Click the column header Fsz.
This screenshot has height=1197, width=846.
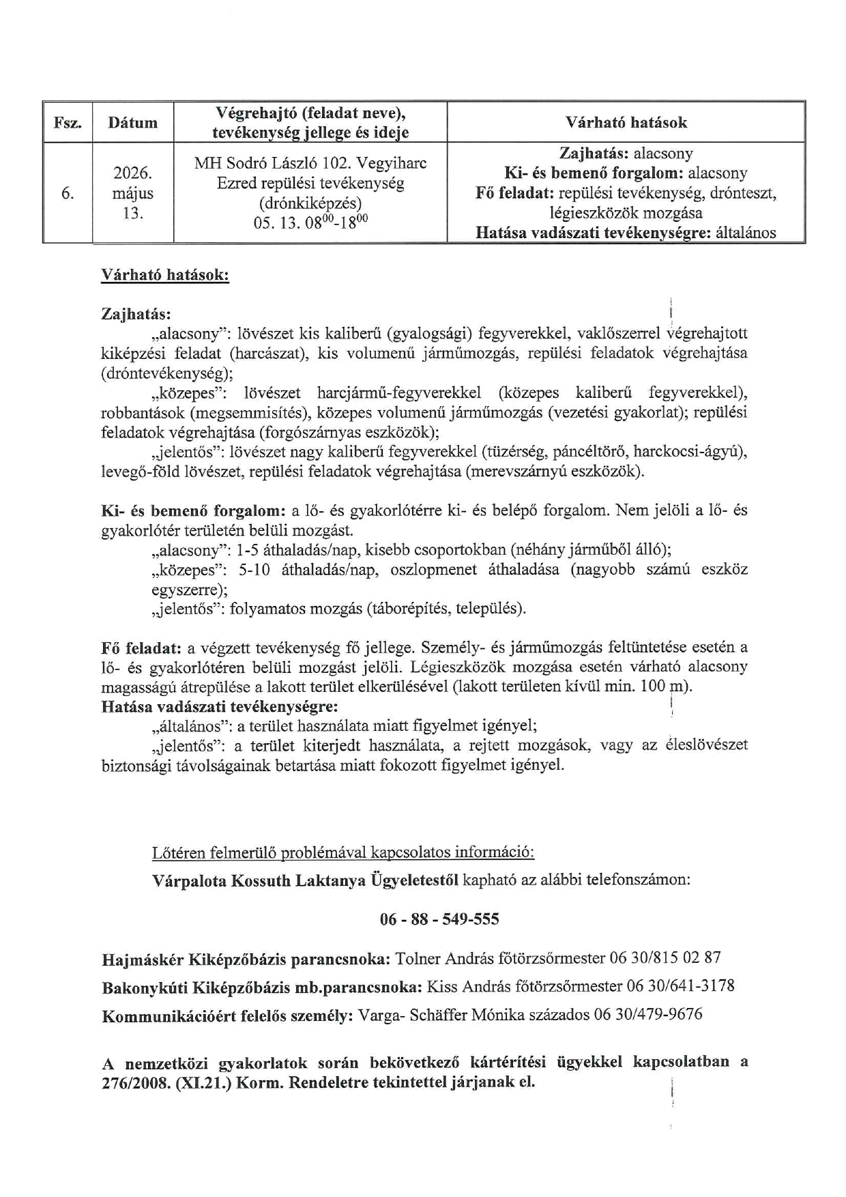pos(68,123)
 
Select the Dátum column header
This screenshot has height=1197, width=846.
pos(132,123)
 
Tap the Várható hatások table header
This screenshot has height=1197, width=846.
pos(626,123)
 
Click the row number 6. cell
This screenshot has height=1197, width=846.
pos(68,193)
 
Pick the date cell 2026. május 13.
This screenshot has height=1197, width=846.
pos(132,193)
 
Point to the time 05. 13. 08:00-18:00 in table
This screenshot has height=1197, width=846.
pos(310,222)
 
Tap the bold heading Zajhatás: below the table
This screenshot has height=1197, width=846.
pos(136,314)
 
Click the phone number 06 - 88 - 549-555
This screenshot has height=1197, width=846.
pos(439,919)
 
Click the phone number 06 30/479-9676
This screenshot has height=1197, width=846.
pos(647,1015)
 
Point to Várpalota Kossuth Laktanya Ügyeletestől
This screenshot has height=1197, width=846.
pos(305,880)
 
